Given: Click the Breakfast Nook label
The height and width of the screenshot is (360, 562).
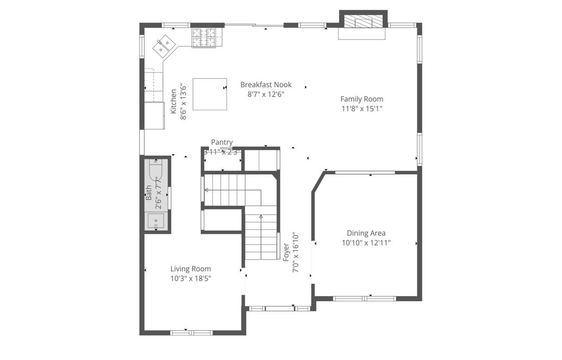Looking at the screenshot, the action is click(x=266, y=85).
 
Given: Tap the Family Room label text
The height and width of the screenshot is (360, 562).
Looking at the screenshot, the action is click(x=362, y=99).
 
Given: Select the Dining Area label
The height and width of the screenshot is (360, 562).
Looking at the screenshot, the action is click(x=366, y=233).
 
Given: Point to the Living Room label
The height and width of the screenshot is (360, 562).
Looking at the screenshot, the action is click(x=191, y=269).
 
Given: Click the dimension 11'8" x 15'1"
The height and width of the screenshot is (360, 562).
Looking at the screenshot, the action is click(x=362, y=109).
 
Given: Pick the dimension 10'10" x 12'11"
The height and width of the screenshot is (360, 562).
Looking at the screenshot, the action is click(x=366, y=243).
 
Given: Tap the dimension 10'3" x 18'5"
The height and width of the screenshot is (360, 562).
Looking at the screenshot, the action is click(x=191, y=278).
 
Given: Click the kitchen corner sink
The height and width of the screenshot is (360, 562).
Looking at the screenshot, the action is click(x=164, y=46).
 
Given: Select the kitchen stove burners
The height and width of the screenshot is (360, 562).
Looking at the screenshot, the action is click(x=204, y=38).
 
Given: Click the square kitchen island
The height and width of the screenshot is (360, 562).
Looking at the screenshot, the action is click(x=210, y=94).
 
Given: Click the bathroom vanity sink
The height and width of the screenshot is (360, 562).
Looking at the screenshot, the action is click(x=156, y=221).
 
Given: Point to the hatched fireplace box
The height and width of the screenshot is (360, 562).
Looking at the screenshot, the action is click(x=363, y=21).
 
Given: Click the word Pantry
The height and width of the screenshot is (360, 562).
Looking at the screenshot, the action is click(x=222, y=142).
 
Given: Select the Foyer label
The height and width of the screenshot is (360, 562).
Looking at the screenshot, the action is click(x=286, y=252).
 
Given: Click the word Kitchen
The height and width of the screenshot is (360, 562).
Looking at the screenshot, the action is click(x=173, y=101).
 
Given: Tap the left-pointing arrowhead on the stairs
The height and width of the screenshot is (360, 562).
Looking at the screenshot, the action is click(x=206, y=190).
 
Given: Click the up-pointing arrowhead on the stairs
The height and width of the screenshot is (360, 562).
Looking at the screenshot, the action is click(x=261, y=216).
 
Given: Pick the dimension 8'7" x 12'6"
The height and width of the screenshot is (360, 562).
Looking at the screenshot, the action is click(x=266, y=95).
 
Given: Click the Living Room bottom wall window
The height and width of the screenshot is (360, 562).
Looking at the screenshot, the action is click(x=192, y=333).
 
